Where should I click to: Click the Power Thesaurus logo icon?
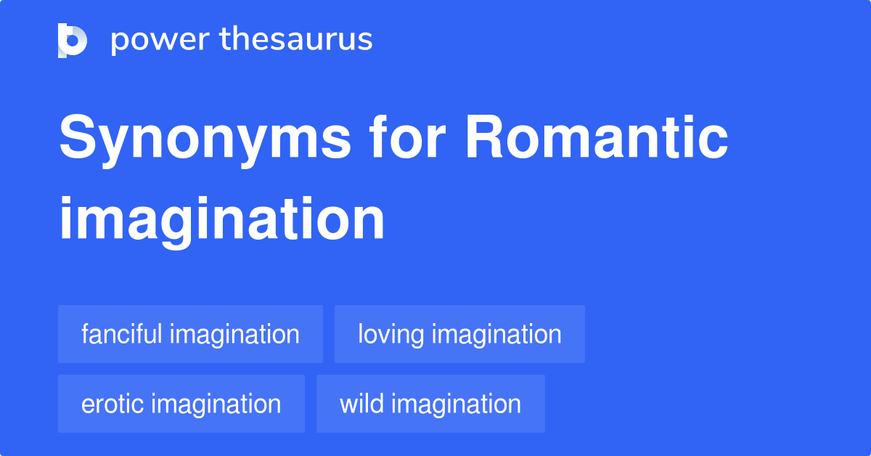click(x=73, y=40)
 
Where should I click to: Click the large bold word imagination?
click(x=221, y=219)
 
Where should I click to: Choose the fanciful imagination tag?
click(x=190, y=334)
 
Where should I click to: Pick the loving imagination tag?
click(x=459, y=334)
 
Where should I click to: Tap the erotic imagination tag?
click(x=181, y=404)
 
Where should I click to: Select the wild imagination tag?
click(x=430, y=404)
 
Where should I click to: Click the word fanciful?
click(x=122, y=334)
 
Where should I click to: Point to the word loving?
click(x=391, y=335)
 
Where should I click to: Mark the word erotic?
click(x=113, y=404)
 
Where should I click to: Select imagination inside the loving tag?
click(x=496, y=334)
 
